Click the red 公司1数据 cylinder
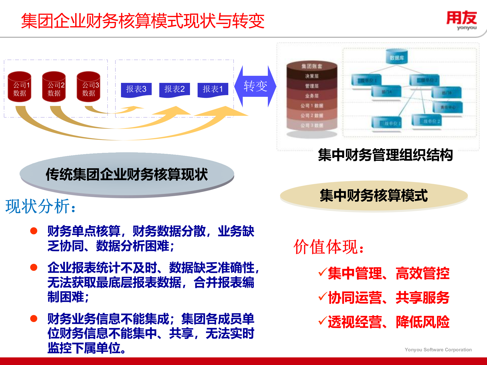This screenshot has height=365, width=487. (20, 87)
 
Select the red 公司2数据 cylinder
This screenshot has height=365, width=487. (54, 87)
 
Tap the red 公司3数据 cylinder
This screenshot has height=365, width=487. (89, 87)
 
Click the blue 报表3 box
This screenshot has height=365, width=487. (136, 89)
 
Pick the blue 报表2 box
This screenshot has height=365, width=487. (175, 89)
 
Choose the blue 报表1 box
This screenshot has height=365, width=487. (213, 89)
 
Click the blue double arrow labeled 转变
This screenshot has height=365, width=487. (255, 86)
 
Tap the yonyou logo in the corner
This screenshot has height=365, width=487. (462, 20)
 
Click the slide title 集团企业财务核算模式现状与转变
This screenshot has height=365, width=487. (143, 21)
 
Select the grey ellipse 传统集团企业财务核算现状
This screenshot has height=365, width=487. (127, 174)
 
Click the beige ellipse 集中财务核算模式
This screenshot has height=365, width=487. (374, 196)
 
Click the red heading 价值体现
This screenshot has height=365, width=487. (329, 247)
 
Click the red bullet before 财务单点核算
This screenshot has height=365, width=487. (34, 231)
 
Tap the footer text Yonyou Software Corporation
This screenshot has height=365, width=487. (438, 350)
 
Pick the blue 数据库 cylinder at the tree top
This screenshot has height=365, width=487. (396, 57)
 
